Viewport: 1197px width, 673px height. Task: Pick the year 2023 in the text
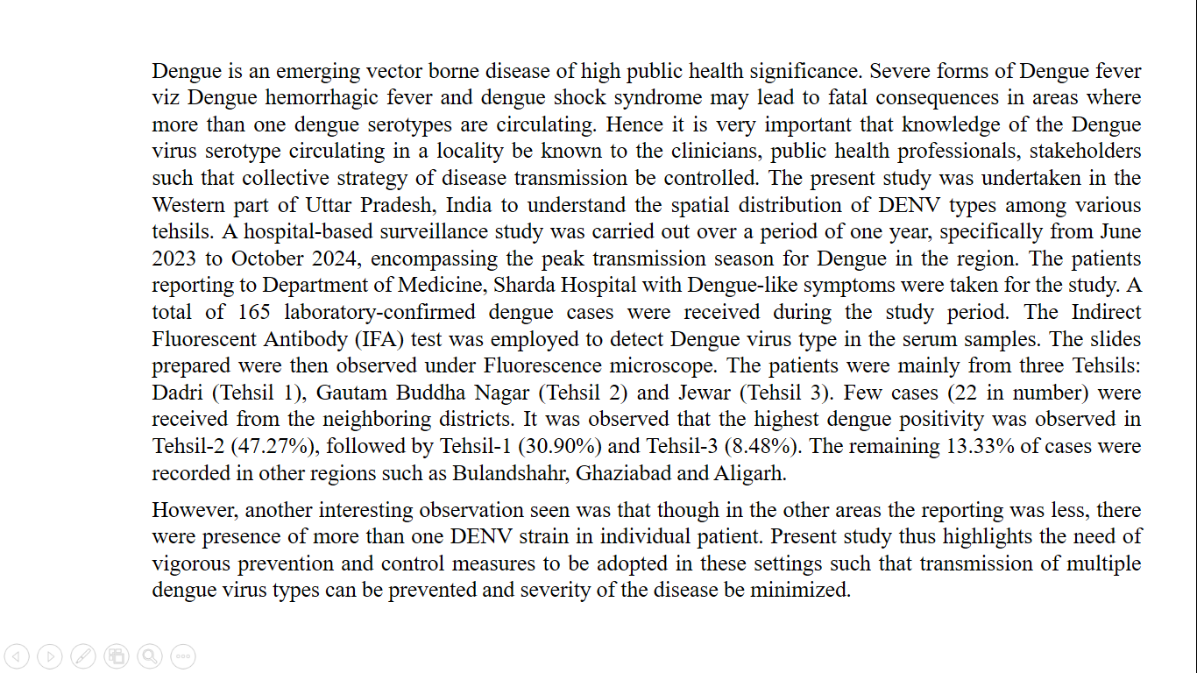[174, 259]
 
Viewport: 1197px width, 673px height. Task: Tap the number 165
[255, 312]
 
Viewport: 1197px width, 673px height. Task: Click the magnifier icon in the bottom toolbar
[150, 655]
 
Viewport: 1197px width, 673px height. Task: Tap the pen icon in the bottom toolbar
[83, 655]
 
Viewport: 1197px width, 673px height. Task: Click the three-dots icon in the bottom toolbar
[183, 655]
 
